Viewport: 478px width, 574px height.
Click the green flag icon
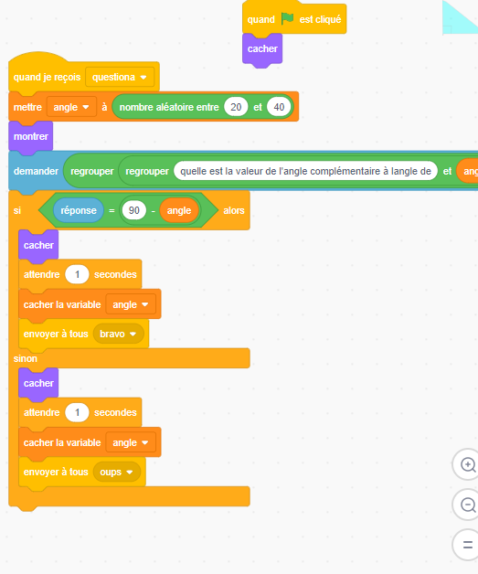tap(287, 18)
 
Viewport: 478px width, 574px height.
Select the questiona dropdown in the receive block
tap(120, 78)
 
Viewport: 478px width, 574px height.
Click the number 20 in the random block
tap(236, 107)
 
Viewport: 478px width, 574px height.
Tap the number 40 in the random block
tap(279, 107)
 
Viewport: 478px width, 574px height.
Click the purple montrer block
tap(31, 136)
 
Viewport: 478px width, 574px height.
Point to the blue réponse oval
tap(79, 210)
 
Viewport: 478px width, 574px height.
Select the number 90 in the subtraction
tap(134, 210)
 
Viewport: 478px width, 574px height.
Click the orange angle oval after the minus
tap(179, 210)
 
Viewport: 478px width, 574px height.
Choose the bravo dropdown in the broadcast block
tap(118, 334)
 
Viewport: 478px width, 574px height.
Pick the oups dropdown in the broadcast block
tap(116, 472)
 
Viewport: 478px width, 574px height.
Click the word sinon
tap(26, 358)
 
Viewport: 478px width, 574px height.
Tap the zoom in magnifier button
tap(467, 464)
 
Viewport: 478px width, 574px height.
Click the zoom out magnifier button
tap(467, 505)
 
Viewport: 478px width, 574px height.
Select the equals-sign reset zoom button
tap(467, 545)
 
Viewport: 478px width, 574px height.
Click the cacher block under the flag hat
tap(262, 49)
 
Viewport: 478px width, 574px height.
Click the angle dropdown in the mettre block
tap(71, 107)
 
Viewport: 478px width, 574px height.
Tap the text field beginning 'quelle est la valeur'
tap(305, 171)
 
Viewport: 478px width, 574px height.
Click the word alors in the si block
tap(234, 210)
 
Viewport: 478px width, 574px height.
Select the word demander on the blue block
tap(36, 171)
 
